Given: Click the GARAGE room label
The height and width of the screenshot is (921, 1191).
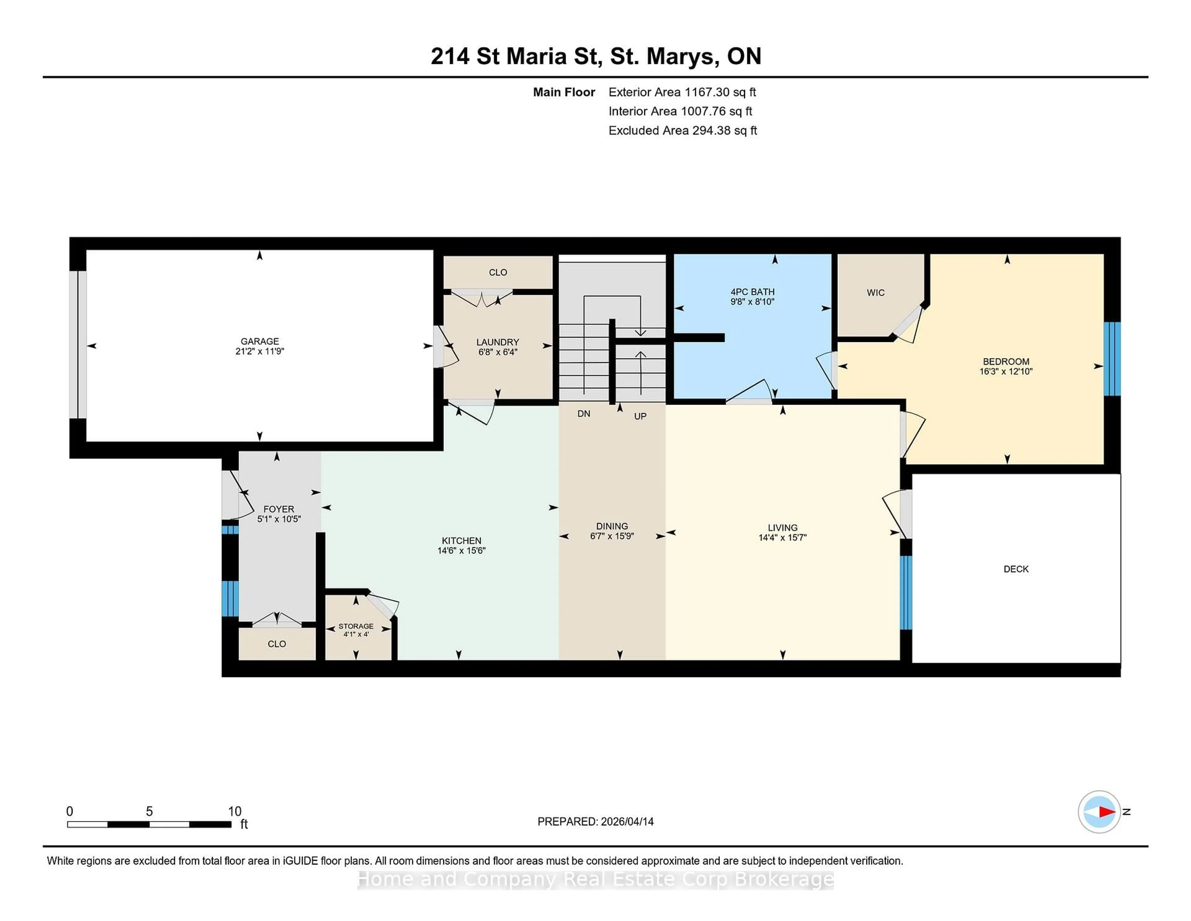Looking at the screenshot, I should (x=260, y=341).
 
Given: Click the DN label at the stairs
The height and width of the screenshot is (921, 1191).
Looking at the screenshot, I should (x=583, y=414).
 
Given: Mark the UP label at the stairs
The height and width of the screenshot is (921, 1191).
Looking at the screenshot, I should (x=640, y=416).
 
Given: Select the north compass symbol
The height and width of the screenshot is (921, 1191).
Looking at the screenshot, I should (x=1099, y=812).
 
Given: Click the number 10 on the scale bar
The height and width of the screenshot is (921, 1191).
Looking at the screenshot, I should (x=234, y=811).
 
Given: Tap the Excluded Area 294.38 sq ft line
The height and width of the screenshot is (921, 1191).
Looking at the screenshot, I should (x=682, y=130).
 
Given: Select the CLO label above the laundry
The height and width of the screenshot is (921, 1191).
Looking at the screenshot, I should (x=497, y=272).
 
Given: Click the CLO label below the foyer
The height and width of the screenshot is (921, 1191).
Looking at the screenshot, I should (x=276, y=644).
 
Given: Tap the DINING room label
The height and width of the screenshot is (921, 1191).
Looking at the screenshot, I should (x=612, y=526).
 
